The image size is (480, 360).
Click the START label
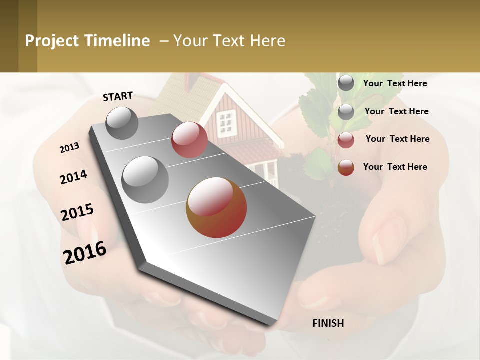118,96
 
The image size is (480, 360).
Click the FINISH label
328,323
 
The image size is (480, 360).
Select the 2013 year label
69,148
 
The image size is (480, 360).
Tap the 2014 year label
73,177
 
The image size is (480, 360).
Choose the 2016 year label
85,252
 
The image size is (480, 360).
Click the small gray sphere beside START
122,123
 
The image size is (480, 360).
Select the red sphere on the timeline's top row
189,140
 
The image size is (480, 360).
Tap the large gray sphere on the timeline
145,180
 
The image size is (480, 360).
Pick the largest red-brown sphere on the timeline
216,207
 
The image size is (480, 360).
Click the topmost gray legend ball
346,83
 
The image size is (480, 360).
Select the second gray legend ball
346,112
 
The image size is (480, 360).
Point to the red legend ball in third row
346,140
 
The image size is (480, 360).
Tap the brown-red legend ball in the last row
346,168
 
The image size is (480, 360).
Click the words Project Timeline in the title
87,41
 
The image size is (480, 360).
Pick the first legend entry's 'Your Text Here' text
395,84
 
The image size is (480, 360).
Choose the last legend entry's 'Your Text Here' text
395,167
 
